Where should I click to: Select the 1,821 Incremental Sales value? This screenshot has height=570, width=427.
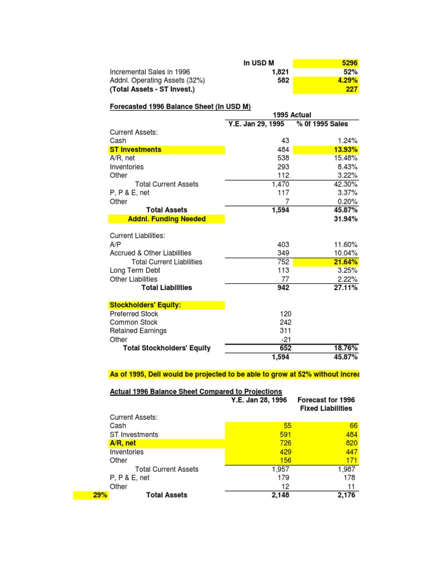click(281, 72)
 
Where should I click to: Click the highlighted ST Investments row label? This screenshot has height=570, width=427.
click(136, 150)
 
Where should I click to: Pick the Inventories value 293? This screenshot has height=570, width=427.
click(284, 167)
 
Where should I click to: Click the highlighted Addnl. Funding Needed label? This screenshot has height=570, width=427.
click(167, 219)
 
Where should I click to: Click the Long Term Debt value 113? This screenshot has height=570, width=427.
click(284, 271)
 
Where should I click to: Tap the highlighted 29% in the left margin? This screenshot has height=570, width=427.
click(96, 495)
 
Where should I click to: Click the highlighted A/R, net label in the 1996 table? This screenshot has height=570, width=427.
click(123, 443)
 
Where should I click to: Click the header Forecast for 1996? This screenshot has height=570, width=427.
click(326, 400)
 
